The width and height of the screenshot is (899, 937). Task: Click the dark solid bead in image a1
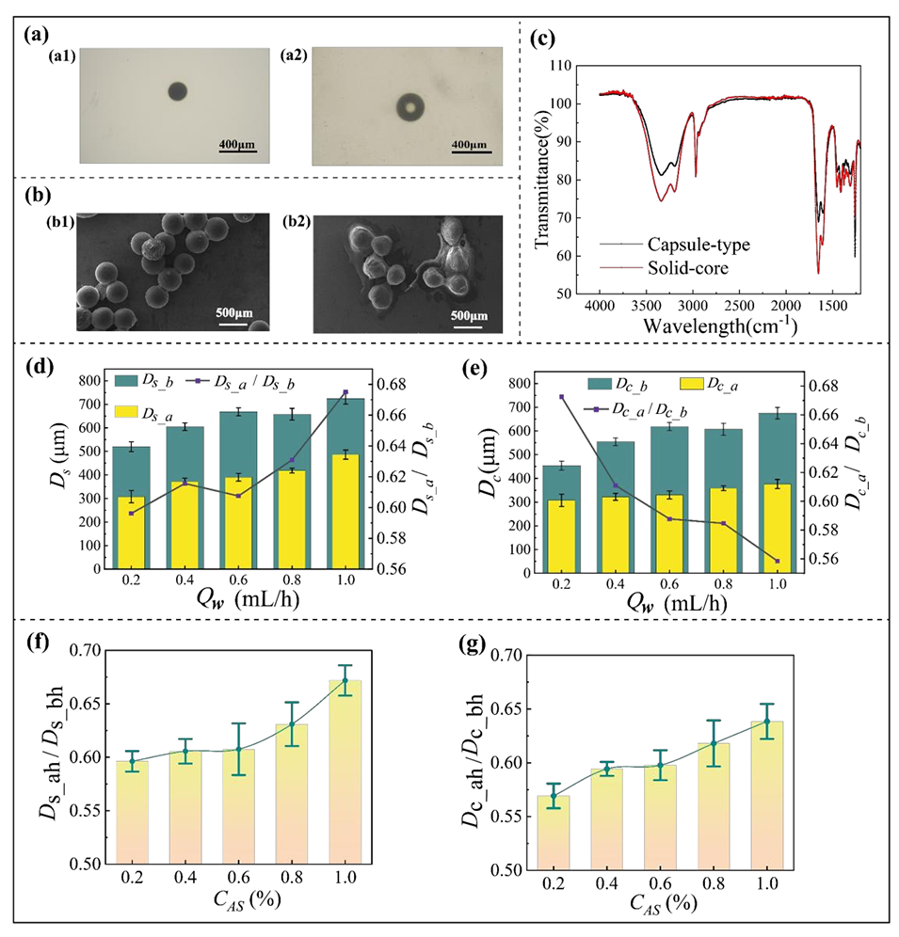point(177,91)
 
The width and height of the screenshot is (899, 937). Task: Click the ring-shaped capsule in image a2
point(409,107)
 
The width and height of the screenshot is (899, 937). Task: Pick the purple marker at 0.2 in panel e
point(561,397)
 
